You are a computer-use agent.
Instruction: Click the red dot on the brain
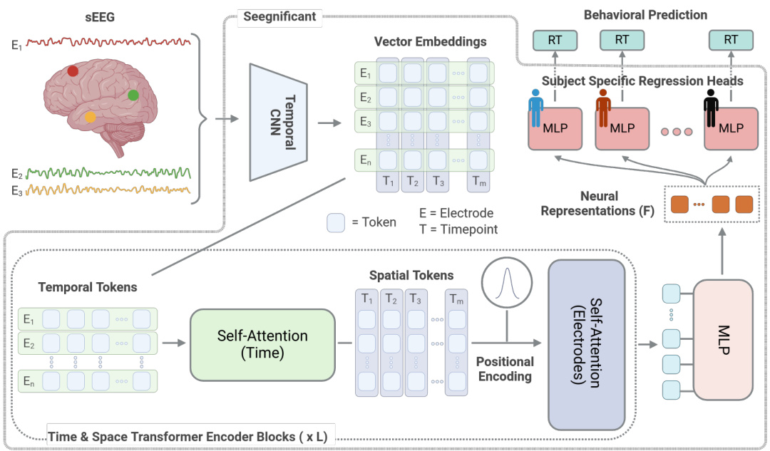tap(73, 71)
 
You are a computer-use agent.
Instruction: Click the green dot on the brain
tap(133, 95)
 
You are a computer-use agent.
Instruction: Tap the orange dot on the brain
tap(91, 116)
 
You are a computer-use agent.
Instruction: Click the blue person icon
tap(536, 108)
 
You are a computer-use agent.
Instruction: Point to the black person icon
tap(711, 108)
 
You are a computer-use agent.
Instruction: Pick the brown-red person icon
tap(604, 108)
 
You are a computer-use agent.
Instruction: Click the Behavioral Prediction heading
tap(645, 15)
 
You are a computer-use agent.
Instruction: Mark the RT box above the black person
tap(731, 39)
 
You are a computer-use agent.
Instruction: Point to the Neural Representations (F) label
tap(610, 203)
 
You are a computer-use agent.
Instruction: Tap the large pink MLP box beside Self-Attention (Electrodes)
tap(723, 341)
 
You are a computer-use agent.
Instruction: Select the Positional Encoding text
tap(505, 368)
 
